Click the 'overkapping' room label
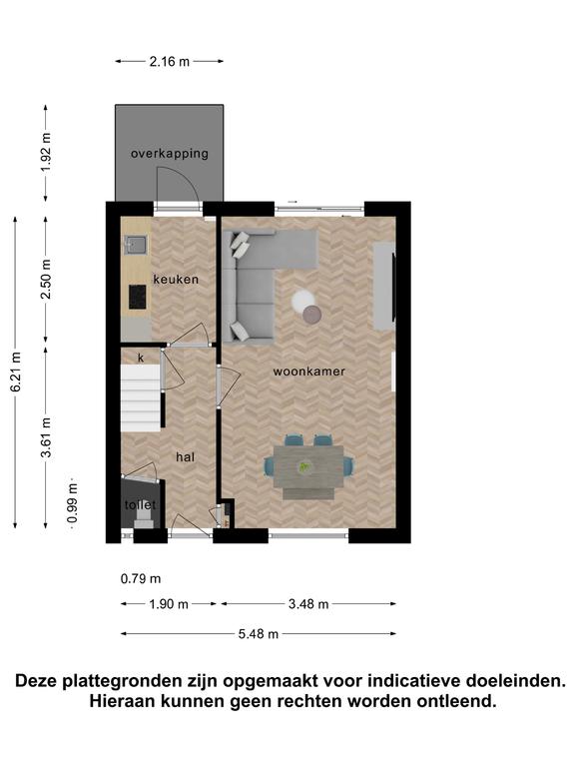point(169,154)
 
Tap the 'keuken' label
point(176,280)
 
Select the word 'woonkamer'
point(309,372)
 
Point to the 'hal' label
point(186,456)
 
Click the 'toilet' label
point(141,504)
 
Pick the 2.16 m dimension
point(169,62)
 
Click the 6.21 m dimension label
point(16,372)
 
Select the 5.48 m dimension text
point(259,634)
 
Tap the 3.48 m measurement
point(308,604)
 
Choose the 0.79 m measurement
point(141,578)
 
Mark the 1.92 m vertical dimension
point(47,153)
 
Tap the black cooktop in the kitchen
point(138,297)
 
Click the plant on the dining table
point(305,467)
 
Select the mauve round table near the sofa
point(311,314)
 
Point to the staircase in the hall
point(141,397)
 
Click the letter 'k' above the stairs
point(141,359)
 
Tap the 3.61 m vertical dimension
point(47,437)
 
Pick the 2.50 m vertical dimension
point(47,279)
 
